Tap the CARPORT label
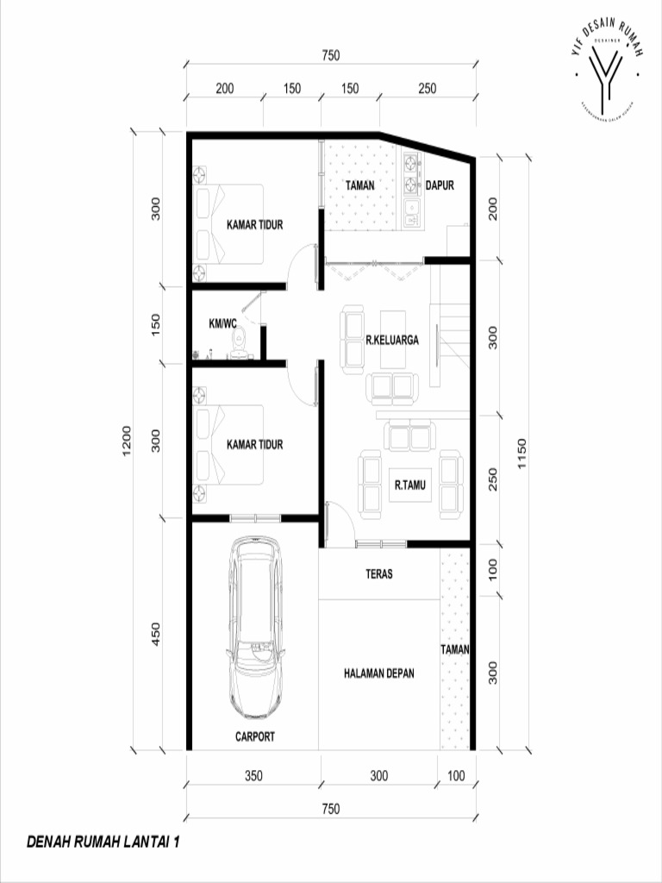[x=255, y=736]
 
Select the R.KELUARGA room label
[x=392, y=341]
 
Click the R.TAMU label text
[x=409, y=485]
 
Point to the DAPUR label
[x=440, y=185]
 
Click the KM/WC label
[x=222, y=324]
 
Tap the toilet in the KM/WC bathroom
[x=239, y=342]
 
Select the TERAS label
[x=379, y=573]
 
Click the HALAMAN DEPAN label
[x=378, y=673]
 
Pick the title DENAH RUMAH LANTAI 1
[x=103, y=841]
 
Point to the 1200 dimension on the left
[x=127, y=441]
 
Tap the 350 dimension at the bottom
[x=253, y=775]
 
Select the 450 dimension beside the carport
[x=156, y=635]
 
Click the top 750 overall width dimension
[x=330, y=56]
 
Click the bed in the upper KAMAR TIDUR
[x=229, y=224]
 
